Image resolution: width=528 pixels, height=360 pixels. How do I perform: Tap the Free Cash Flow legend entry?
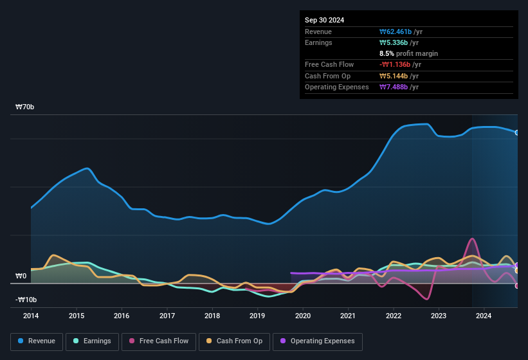(x=159, y=341)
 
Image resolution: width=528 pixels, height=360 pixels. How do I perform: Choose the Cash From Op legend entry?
(x=234, y=341)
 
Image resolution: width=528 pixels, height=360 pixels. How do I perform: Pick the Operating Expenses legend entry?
(x=317, y=341)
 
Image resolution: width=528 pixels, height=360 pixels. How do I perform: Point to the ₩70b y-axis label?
(x=25, y=107)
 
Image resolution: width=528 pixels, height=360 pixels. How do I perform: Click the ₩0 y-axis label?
(x=21, y=276)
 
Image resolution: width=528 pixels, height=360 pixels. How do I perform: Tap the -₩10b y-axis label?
(x=26, y=300)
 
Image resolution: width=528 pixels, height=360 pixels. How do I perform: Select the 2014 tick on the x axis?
(x=31, y=316)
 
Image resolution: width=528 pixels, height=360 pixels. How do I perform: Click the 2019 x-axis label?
(x=257, y=316)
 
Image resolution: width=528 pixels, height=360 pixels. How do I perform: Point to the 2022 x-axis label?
(x=393, y=316)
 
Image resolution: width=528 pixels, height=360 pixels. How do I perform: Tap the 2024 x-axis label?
(x=484, y=316)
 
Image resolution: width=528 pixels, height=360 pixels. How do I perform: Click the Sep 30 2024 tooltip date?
(x=324, y=20)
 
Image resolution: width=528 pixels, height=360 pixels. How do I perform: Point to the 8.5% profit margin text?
(x=408, y=53)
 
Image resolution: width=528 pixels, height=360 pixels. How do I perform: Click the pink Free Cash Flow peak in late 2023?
(x=473, y=239)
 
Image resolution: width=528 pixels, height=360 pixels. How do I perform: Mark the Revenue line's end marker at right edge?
(x=517, y=132)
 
